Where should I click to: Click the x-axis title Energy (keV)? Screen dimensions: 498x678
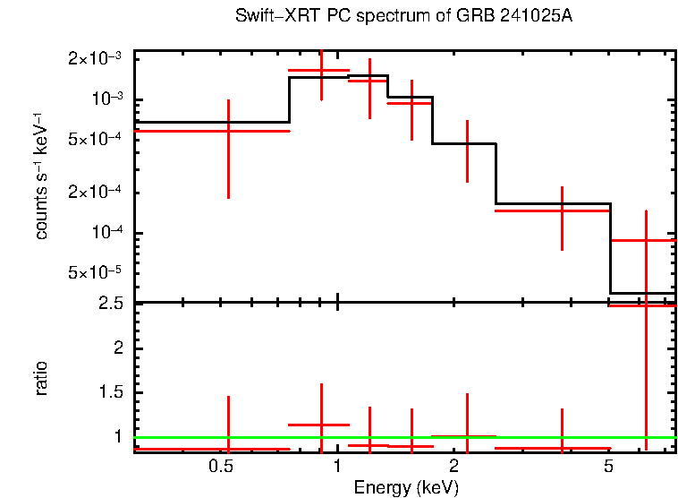[x=405, y=487]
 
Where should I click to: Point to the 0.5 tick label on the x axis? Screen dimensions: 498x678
[x=221, y=467]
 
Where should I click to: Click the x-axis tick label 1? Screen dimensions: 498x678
[x=336, y=467]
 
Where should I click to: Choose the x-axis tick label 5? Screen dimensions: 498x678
[x=608, y=467]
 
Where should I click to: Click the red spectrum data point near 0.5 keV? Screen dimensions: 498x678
[x=228, y=131]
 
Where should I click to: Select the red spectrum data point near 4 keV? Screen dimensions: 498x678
[x=562, y=210]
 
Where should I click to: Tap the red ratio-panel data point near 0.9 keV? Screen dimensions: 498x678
[x=321, y=425]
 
